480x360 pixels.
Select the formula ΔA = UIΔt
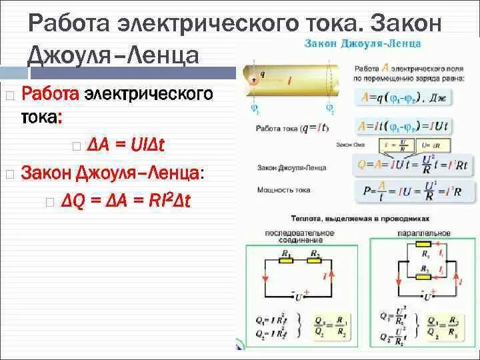point(125,145)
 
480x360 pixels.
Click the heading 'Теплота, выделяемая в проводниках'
point(360,218)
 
